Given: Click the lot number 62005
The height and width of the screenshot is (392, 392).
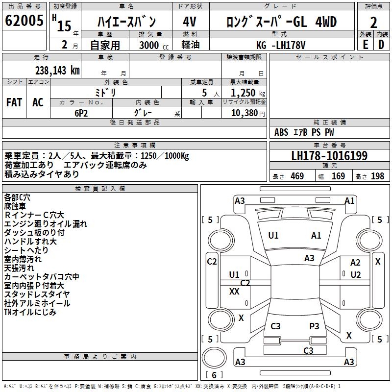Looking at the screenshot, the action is pyautogui.click(x=24, y=21).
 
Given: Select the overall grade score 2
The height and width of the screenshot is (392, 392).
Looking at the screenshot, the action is pyautogui.click(x=374, y=23).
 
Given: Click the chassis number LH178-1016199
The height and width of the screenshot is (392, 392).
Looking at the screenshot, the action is pyautogui.click(x=329, y=156).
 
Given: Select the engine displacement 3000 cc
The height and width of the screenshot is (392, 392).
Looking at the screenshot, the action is pyautogui.click(x=150, y=46).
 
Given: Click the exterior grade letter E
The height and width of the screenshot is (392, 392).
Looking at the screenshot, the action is pyautogui.click(x=365, y=45).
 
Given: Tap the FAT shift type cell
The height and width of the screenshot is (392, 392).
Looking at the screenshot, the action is pyautogui.click(x=14, y=102).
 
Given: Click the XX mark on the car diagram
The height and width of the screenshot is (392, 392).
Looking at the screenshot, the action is pyautogui.click(x=234, y=292).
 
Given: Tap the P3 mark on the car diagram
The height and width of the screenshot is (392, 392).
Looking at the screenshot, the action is pyautogui.click(x=314, y=326).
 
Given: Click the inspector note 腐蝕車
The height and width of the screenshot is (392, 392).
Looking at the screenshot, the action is pyautogui.click(x=17, y=206).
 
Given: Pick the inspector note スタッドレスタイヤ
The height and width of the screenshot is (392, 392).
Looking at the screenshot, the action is pyautogui.click(x=37, y=294).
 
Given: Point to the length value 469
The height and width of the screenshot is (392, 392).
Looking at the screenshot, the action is pyautogui.click(x=297, y=176).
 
